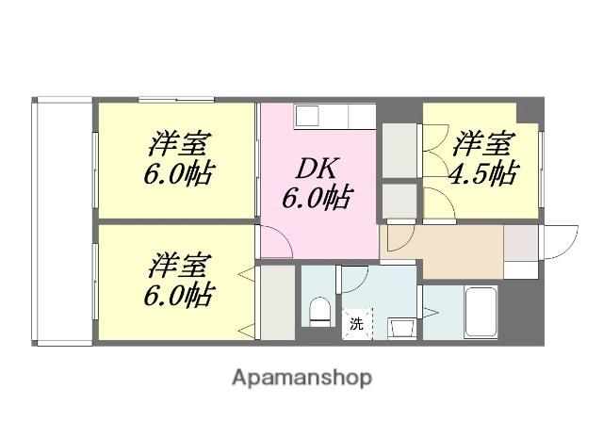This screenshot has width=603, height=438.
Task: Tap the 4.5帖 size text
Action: [x=484, y=174]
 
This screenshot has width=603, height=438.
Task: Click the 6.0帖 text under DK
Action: [x=318, y=199]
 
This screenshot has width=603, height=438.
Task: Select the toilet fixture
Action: [x=320, y=310]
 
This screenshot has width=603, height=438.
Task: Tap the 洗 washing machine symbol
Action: [x=356, y=323]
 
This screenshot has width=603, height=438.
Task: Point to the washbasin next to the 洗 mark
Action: [x=400, y=327]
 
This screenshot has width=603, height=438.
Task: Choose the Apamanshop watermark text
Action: [x=301, y=378]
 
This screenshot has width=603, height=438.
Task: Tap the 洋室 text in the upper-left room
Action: [x=178, y=146]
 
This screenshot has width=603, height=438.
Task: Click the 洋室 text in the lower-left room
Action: [x=178, y=262]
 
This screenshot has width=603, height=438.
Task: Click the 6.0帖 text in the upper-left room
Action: [x=178, y=175]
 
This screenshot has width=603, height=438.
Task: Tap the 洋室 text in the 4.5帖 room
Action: [x=484, y=145]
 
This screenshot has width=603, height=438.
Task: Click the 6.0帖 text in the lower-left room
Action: [x=178, y=294]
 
